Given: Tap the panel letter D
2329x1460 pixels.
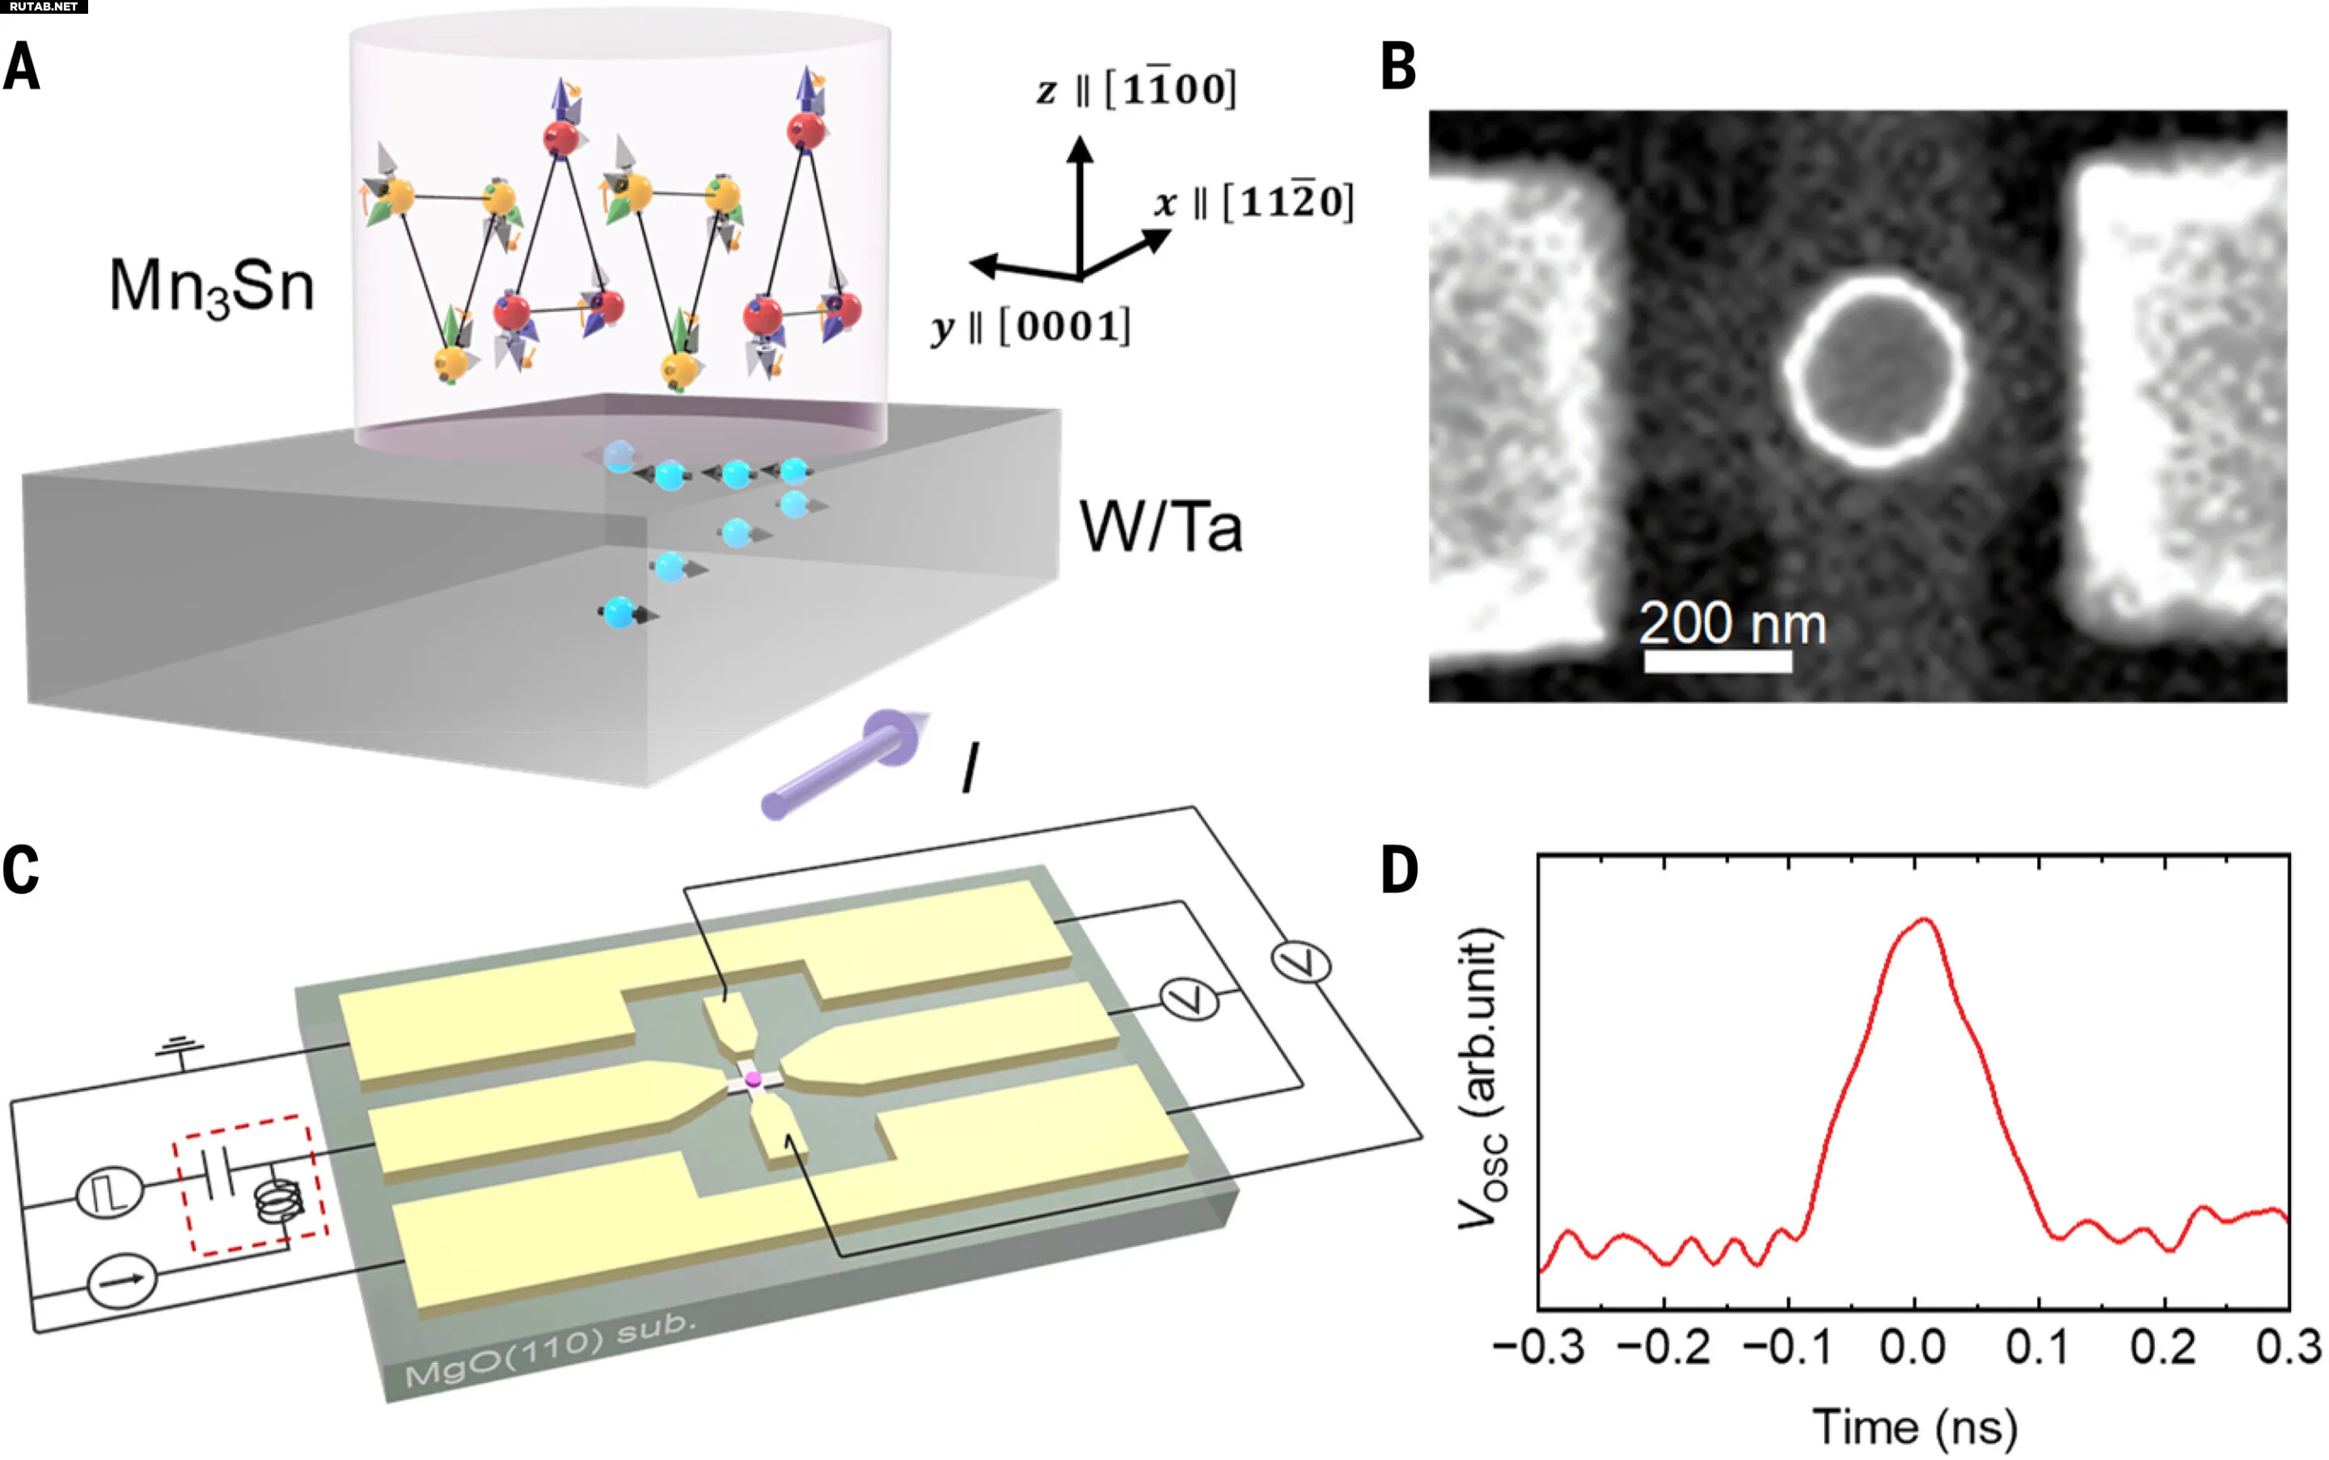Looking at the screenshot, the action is [1400, 870].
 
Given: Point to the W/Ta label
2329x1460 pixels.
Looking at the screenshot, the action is [1161, 527].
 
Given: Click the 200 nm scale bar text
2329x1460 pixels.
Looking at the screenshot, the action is [1732, 623].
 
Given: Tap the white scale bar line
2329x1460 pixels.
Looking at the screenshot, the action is [1718, 662].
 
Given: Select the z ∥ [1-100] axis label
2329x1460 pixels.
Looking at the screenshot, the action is [1136, 89].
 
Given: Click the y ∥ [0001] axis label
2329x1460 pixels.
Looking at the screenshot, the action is [1031, 326].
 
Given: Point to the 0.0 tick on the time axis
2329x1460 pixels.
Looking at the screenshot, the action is [1913, 1346].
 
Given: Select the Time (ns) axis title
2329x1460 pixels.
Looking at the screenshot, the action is [1915, 1426].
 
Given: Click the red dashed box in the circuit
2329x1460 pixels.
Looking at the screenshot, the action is [251, 1185].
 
